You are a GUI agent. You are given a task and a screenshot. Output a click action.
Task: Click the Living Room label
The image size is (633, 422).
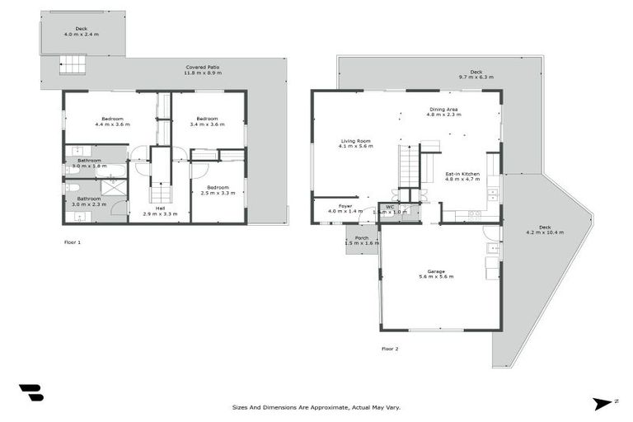tap(356, 144)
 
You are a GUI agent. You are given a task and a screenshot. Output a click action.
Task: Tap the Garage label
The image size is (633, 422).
tap(435, 273)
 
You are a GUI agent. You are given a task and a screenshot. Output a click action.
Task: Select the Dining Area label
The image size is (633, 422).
tap(443, 111)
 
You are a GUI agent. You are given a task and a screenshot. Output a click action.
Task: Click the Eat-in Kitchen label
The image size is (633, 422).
tap(462, 176)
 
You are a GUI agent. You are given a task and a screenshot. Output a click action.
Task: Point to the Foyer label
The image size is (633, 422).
tap(345, 209)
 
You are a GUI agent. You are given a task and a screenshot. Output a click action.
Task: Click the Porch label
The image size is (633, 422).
tap(361, 241)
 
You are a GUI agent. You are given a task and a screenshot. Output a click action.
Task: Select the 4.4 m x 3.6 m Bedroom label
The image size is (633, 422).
tap(112, 122)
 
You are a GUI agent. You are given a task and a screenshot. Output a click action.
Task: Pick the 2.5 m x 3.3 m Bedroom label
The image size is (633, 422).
tap(218, 190)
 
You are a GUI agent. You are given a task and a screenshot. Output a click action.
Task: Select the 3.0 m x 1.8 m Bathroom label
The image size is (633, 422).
tap(89, 163)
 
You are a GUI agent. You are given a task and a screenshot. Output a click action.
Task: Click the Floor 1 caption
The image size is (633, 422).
tap(73, 243)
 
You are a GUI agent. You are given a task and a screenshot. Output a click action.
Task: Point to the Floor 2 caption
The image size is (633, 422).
tap(390, 349)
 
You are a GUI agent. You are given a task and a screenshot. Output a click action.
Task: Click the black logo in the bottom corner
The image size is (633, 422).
tap(30, 393)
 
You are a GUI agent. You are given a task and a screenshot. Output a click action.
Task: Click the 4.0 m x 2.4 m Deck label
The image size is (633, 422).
tap(81, 31)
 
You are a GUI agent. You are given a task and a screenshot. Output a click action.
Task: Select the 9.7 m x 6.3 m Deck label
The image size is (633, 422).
tap(476, 74)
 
